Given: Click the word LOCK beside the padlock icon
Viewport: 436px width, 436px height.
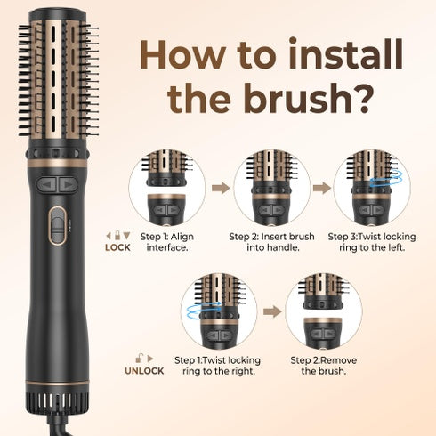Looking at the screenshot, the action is point(117,247).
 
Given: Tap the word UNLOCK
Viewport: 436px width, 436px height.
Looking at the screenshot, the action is point(144,371).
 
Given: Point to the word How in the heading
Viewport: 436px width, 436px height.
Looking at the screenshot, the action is point(182,56).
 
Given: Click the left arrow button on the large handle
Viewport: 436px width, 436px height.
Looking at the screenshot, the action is point(47,184).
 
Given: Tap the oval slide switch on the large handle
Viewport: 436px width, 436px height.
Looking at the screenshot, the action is point(57,226).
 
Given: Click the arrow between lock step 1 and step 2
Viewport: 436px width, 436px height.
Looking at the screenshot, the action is point(221,188).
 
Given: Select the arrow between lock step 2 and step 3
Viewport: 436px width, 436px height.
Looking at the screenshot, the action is point(322,188).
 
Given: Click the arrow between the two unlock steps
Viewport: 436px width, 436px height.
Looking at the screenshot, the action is point(272,311).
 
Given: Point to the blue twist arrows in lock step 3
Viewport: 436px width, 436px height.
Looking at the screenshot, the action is point(386,178).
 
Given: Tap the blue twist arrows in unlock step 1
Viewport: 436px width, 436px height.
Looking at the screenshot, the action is point(204,311).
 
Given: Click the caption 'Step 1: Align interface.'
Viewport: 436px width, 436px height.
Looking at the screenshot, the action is point(167,242).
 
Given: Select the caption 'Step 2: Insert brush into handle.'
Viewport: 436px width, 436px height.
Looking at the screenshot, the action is point(272,242).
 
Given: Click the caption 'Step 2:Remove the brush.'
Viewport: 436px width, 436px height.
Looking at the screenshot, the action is point(324,366).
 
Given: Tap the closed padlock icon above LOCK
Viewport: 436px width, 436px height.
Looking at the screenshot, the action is point(117,235).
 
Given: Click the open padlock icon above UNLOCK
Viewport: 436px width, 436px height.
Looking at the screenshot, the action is point(139,358).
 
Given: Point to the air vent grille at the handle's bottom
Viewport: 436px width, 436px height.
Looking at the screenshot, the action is point(57,401).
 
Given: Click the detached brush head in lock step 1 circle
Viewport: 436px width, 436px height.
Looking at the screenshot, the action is point(166,167).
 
